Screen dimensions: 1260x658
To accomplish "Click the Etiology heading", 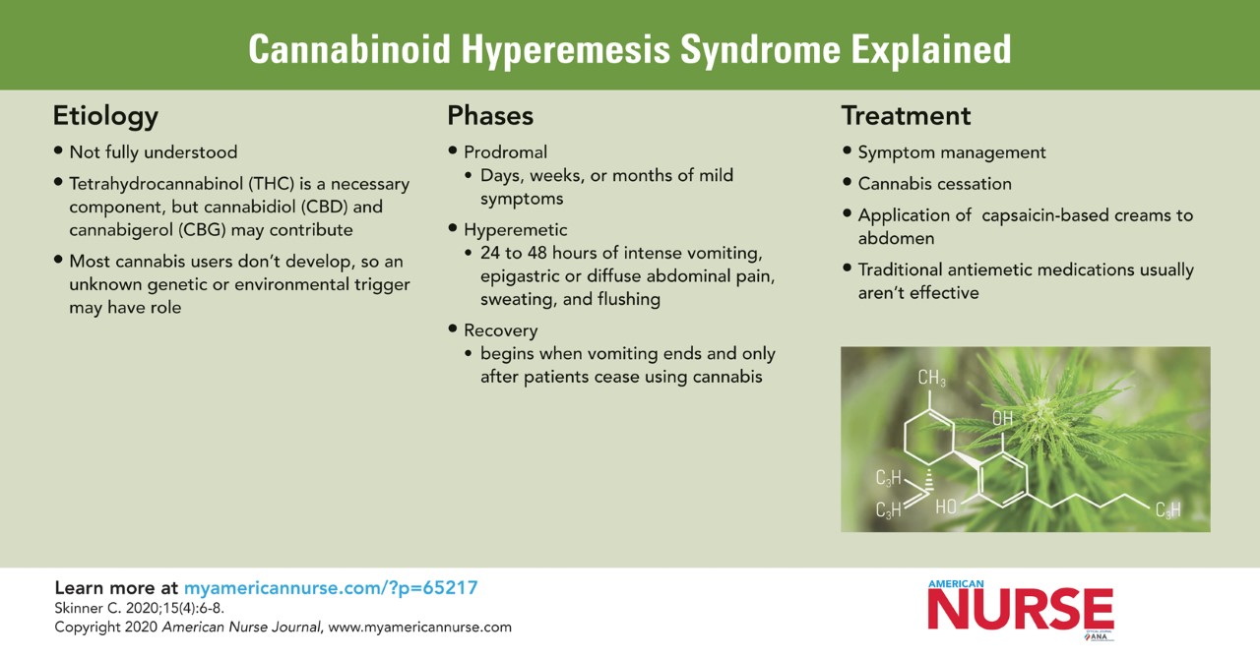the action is click(105, 117).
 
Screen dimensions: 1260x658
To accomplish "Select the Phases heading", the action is click(490, 116).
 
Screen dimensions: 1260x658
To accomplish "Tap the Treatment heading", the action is click(906, 116).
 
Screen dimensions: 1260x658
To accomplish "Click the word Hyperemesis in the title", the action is click(566, 49).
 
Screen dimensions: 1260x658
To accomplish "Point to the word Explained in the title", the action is click(931, 49).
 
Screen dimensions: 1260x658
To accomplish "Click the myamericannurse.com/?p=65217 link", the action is click(331, 588).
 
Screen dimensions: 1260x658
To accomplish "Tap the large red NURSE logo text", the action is click(1021, 609).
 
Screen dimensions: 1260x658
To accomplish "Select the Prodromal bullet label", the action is click(505, 152).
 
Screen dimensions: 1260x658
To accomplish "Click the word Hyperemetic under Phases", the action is click(515, 230).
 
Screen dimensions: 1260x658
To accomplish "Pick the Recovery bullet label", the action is click(501, 330).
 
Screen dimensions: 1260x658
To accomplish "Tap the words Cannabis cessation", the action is click(934, 184).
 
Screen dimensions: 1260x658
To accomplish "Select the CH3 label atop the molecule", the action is click(931, 378).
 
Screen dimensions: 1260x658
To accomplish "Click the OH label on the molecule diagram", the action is click(1002, 418).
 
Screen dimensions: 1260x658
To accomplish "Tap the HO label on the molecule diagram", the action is click(946, 507).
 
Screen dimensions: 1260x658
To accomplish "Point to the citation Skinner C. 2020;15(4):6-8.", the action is click(139, 608).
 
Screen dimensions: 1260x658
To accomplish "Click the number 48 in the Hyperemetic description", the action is click(536, 253).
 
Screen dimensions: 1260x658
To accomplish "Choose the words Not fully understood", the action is click(153, 152).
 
